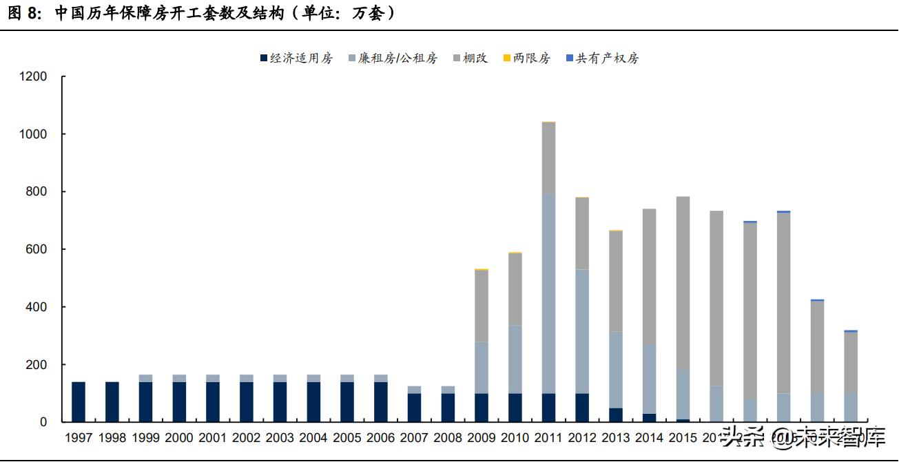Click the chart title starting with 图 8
200,13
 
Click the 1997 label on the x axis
79,437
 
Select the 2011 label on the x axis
548,437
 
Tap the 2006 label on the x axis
381,437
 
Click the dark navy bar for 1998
112,401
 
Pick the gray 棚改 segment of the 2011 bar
548,158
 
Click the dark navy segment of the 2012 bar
582,408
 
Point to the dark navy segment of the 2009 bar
482,408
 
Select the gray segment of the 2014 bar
649,275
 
